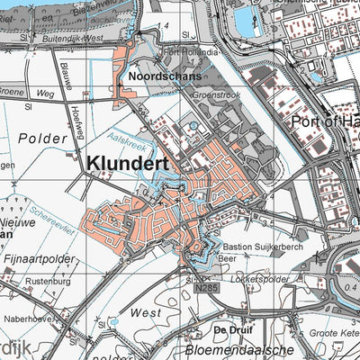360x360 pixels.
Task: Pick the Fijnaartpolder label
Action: point(38,258)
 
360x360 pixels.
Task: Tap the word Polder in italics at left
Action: point(41,139)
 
